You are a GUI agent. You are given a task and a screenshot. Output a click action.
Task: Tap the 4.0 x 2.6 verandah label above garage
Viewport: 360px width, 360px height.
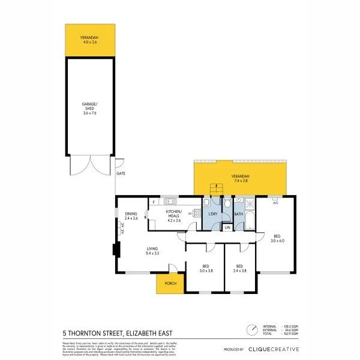[90, 40]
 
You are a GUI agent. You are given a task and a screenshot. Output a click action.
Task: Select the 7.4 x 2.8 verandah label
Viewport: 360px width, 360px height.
[240, 178]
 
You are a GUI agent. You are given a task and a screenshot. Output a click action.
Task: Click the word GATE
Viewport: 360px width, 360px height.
[120, 173]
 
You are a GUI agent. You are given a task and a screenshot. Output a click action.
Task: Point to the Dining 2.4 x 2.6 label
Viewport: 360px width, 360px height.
[131, 216]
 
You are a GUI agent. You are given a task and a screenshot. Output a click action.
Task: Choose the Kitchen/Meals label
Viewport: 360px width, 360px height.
[173, 214]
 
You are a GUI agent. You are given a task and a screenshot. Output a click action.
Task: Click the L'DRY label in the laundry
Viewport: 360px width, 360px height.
[212, 214]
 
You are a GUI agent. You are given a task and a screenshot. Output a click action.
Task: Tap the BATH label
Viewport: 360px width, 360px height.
[238, 214]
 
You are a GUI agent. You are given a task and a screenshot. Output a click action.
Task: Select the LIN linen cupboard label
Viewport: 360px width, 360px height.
[227, 227]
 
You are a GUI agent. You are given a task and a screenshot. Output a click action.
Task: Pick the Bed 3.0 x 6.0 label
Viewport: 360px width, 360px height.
[277, 238]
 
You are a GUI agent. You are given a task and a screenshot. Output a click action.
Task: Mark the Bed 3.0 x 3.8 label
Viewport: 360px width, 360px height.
[206, 268]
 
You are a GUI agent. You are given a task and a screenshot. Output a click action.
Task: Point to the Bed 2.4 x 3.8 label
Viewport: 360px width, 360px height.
[240, 268]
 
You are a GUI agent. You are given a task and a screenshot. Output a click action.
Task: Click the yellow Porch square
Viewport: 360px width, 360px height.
[168, 284]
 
